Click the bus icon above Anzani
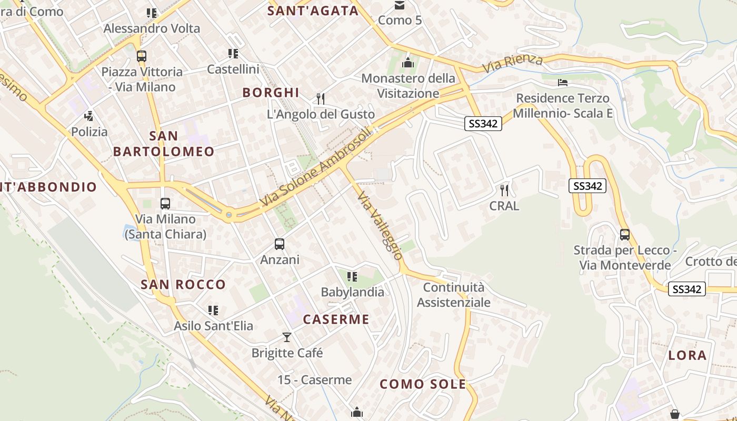(280, 244)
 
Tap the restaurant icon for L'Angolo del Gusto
(321, 98)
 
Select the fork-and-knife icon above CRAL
(504, 189)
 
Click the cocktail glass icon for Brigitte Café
(287, 337)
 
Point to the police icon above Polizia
(89, 116)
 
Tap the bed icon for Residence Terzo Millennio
(563, 83)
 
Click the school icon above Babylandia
(352, 276)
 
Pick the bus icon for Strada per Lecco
(625, 235)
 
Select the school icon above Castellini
(233, 54)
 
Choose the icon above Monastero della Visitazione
(408, 63)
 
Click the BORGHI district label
(271, 93)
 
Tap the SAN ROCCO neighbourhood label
(183, 285)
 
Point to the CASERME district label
(336, 319)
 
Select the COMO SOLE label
(423, 384)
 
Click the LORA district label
(687, 355)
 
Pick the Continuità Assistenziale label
(454, 295)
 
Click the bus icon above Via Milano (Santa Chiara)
(165, 204)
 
